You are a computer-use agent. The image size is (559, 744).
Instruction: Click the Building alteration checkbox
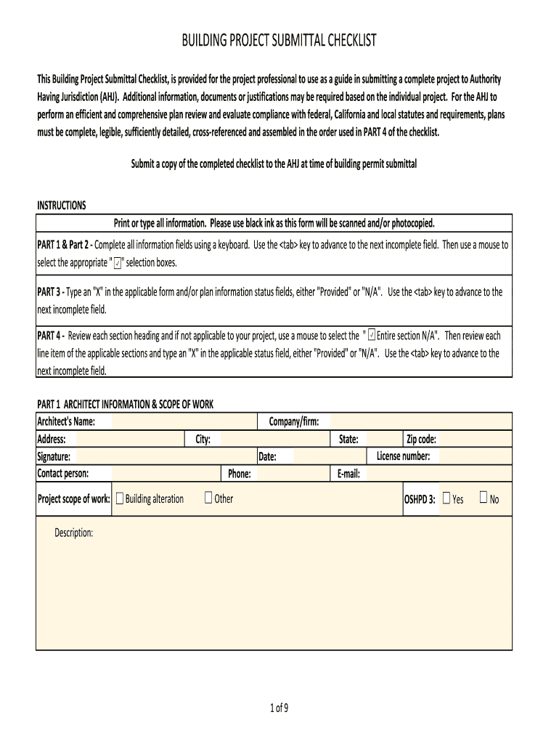coord(120,498)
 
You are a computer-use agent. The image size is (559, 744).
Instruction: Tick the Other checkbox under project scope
coord(208,498)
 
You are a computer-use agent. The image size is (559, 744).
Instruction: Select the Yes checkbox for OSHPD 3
coord(446,498)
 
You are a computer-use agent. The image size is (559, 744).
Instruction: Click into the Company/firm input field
coord(421,422)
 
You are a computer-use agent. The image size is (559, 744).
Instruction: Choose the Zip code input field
coord(475,440)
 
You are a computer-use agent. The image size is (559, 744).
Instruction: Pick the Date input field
coord(324,457)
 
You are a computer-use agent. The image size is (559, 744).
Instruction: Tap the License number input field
coord(475,457)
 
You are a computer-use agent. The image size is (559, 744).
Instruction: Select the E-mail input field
coord(439,474)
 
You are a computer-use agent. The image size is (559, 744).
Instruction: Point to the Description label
coord(74,533)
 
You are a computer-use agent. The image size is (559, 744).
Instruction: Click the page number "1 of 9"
coord(279,709)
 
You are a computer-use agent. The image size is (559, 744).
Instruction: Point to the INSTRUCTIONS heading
coord(62,206)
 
